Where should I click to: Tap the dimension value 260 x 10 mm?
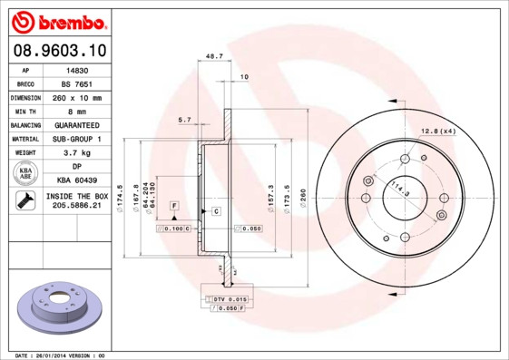coord(76,97)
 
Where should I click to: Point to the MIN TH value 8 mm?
coord(76,111)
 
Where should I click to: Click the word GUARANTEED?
coord(76,125)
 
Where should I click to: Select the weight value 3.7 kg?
coord(76,153)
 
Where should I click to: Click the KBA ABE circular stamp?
coord(25,173)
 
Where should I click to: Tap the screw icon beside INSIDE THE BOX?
coord(25,201)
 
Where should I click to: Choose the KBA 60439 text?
coord(76,181)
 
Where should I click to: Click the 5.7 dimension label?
coord(184,120)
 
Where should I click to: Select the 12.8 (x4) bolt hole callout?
coord(438,132)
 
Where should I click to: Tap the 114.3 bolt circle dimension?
coord(397,191)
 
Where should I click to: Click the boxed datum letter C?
coord(216,211)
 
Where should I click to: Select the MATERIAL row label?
coord(25,139)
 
